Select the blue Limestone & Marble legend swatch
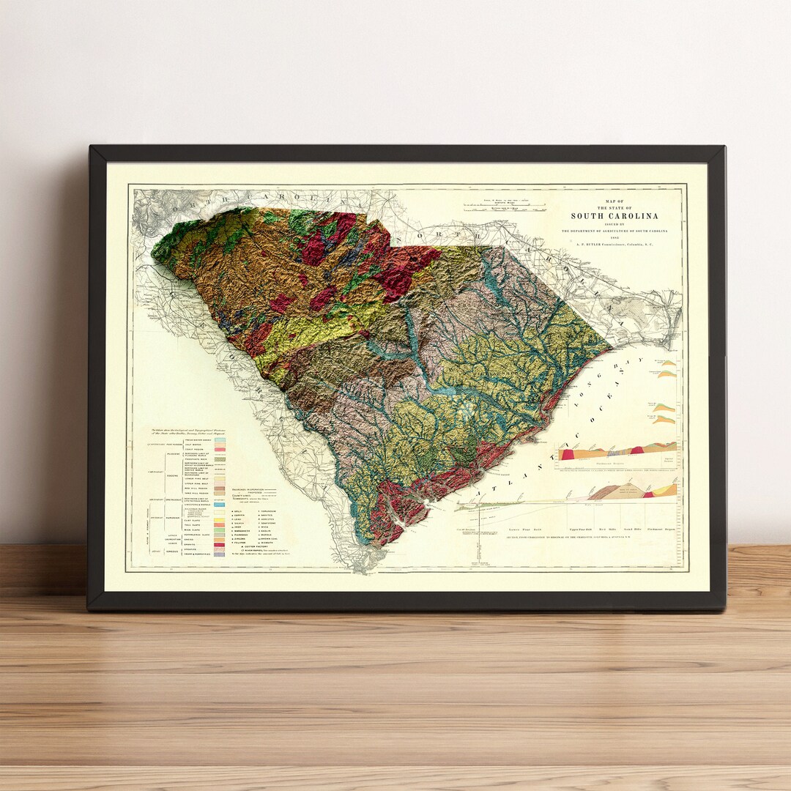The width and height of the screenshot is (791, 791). pyautogui.click(x=219, y=505)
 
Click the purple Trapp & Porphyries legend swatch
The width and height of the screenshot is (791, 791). pyautogui.click(x=219, y=555)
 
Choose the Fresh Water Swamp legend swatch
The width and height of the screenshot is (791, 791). pyautogui.click(x=219, y=439)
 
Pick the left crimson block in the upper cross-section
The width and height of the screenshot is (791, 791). pyautogui.click(x=566, y=455)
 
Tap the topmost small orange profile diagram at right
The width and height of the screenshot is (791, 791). pyautogui.click(x=668, y=363)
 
